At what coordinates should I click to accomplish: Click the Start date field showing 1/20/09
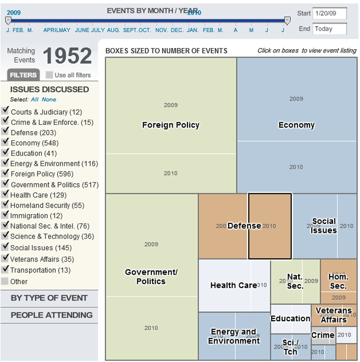click(x=329, y=13)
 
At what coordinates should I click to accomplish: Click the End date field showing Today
click(x=329, y=29)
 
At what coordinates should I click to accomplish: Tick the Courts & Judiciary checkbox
click(x=5, y=111)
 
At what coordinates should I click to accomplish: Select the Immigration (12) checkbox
click(x=5, y=215)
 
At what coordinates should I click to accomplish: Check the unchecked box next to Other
click(x=5, y=281)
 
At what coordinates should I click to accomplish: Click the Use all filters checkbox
click(x=49, y=75)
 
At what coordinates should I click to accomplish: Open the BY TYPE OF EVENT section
click(x=49, y=297)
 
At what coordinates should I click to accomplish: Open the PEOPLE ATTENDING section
click(x=51, y=315)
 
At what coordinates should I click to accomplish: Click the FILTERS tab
click(x=23, y=75)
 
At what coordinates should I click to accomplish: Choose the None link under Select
click(x=49, y=99)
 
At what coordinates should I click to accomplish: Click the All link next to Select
click(x=34, y=99)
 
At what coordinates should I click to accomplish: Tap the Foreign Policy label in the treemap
click(x=170, y=125)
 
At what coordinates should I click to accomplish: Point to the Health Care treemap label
click(x=233, y=285)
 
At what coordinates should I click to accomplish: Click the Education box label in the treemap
click(x=290, y=319)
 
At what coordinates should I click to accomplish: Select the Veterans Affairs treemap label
click(x=334, y=315)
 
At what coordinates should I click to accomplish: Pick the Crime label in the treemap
click(x=322, y=335)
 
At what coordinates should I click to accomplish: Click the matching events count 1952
click(x=67, y=56)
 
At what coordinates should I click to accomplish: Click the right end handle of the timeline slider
click(x=287, y=21)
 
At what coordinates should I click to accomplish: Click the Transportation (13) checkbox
click(x=5, y=269)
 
